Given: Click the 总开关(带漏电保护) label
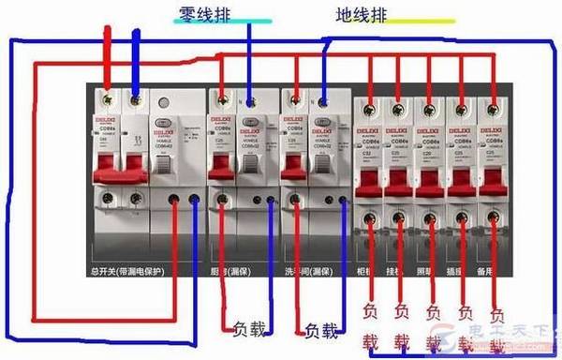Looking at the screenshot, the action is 130,272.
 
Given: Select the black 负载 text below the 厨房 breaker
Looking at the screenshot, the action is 248,329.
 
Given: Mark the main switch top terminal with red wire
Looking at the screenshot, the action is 110,97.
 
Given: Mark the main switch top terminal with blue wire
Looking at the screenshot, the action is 137,97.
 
